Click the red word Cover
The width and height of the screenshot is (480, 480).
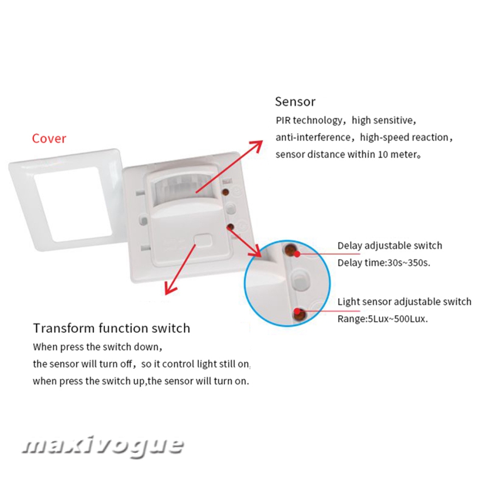click(x=49, y=138)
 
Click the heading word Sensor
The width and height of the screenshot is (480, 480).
click(x=295, y=101)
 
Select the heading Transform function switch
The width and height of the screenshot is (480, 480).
click(x=111, y=328)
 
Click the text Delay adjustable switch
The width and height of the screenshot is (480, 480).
click(x=390, y=246)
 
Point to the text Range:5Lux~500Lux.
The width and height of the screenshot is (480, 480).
click(x=382, y=319)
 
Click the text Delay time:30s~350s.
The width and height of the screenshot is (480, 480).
click(x=384, y=263)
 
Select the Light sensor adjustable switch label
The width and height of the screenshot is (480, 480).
click(x=404, y=301)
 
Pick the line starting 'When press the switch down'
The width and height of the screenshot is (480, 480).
click(x=98, y=347)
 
